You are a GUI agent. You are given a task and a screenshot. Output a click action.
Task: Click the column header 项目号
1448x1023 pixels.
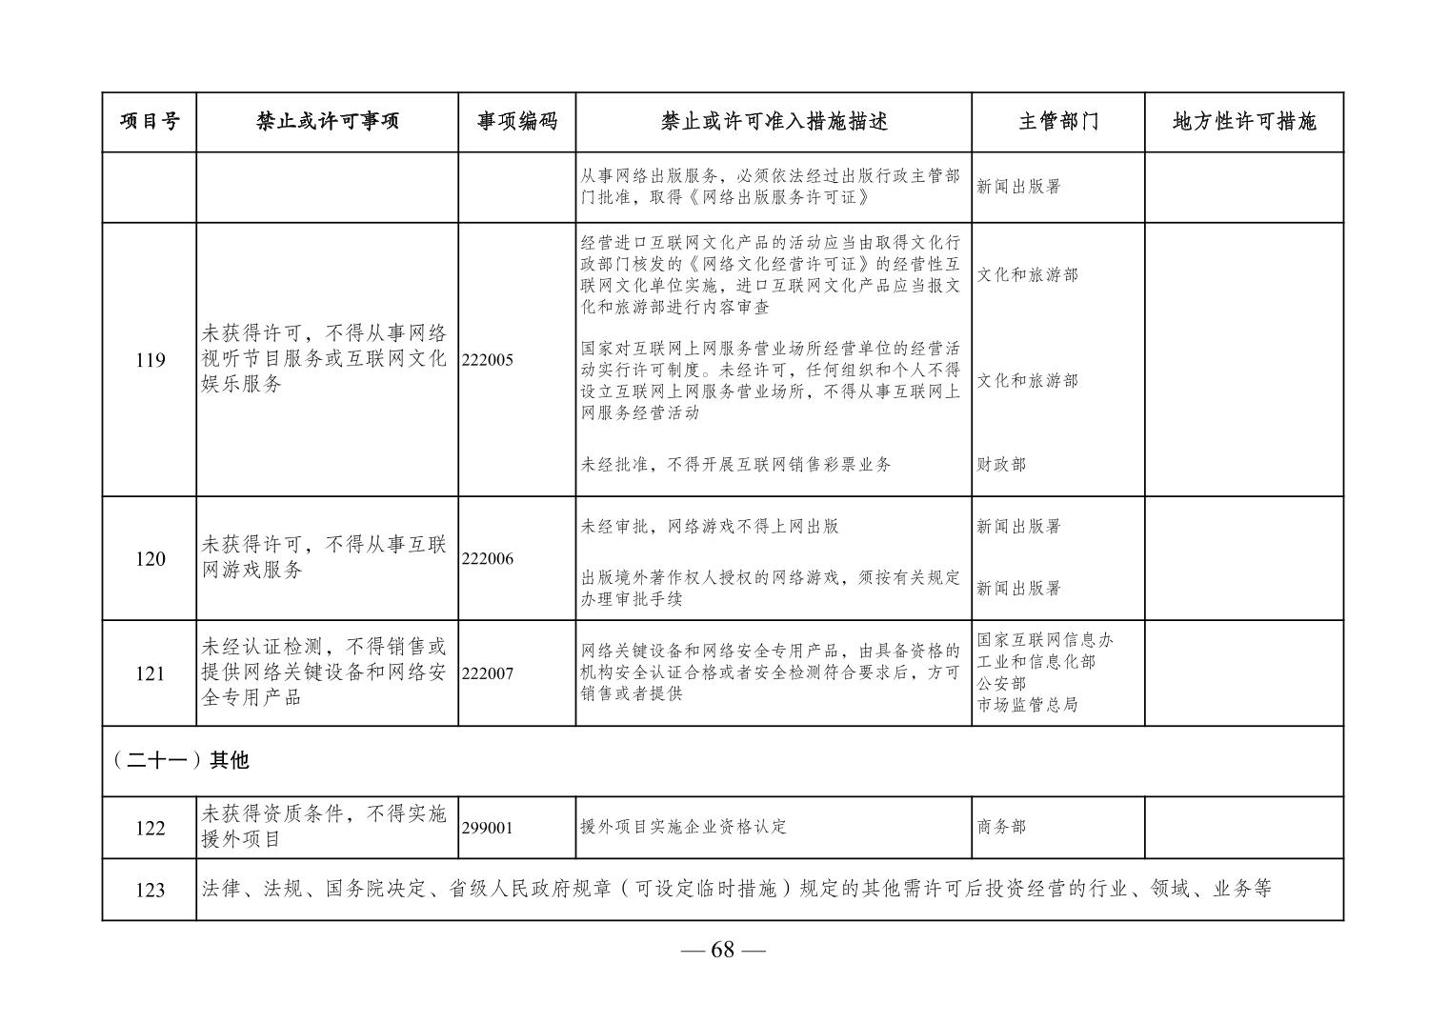(150, 122)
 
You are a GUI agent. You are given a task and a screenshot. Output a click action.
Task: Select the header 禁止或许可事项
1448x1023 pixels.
(327, 122)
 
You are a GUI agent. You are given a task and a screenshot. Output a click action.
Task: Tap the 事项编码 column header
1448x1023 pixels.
(516, 122)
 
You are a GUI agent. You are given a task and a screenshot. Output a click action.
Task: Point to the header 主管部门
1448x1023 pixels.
(1057, 122)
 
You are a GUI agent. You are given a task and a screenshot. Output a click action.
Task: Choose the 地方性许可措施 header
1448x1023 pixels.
(1243, 122)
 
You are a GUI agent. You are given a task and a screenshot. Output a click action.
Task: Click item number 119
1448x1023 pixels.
(151, 360)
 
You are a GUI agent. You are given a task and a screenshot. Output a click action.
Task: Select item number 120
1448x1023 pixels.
(151, 559)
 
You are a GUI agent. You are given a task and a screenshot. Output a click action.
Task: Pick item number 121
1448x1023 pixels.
(151, 673)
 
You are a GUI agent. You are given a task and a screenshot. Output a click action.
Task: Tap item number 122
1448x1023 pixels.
(151, 828)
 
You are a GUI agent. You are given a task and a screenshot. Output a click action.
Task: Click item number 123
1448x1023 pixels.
(151, 890)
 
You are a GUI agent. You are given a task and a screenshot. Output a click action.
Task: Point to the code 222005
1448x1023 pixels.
(488, 360)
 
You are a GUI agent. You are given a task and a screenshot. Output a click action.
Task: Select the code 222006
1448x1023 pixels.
(488, 559)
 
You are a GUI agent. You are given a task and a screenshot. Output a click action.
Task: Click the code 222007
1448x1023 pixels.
(488, 673)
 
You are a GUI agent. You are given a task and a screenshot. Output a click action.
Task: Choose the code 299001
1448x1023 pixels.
(488, 828)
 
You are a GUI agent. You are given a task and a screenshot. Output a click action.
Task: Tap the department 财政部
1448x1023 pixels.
(1001, 465)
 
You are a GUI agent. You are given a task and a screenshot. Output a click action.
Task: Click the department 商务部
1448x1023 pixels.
(1001, 827)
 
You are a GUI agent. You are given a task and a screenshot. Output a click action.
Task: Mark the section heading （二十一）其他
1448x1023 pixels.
(180, 760)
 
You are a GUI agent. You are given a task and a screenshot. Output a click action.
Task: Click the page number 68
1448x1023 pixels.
(723, 950)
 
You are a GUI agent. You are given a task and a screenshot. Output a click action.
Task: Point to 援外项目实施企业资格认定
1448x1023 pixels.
(683, 827)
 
